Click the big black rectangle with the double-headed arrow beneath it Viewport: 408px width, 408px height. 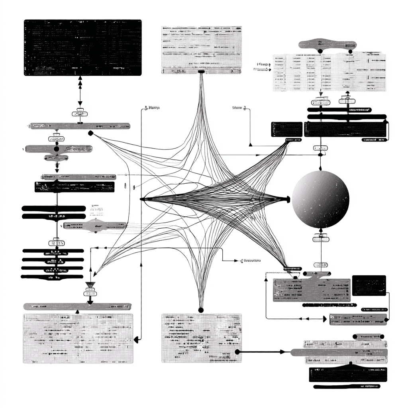83,47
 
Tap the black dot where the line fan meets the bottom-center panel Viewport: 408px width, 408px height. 201,310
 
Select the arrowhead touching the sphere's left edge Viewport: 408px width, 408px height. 288,199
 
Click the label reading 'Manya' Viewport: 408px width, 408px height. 152,108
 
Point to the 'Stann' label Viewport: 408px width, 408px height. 238,108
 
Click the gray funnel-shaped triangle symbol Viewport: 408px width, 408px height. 90,285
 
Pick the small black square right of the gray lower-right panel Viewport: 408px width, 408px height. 369,285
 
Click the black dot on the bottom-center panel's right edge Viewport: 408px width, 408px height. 237,352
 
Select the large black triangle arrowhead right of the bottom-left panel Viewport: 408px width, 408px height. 137,339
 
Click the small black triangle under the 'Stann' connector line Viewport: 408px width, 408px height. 251,145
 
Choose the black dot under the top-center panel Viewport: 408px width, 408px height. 201,72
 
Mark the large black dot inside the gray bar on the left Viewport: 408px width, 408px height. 56,149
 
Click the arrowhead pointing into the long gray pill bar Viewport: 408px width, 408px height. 283,352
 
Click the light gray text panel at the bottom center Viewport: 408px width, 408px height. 201,338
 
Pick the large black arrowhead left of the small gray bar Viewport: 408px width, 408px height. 323,319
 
